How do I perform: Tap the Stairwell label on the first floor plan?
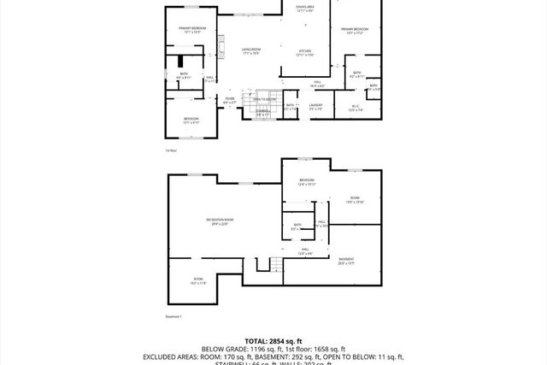pos(263,112)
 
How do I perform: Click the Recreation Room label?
pos(220,221)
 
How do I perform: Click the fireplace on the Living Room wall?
pos(220,44)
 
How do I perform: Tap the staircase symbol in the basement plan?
pos(275,264)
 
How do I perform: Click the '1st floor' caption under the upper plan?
pos(171,150)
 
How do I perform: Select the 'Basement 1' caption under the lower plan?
pos(174,316)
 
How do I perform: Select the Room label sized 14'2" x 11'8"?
pos(197,280)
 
